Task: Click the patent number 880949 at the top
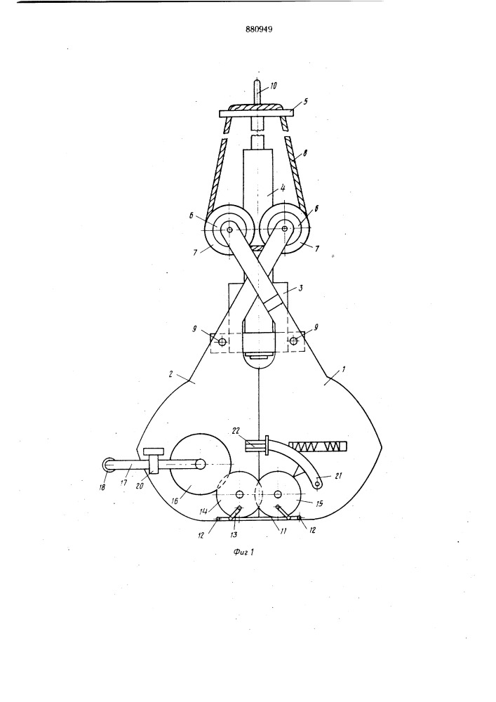pos(259,30)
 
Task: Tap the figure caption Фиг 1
pos(243,552)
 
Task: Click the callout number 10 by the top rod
pos(273,86)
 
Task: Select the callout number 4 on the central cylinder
pos(282,188)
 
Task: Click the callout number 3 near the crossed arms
pos(300,288)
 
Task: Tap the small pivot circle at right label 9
pos(293,341)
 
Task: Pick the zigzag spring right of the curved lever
pos(318,446)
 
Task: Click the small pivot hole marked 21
pos(317,483)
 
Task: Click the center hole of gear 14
pos(240,494)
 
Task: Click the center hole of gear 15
pos(278,494)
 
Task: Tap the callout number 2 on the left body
pos(171,374)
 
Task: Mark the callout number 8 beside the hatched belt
pos(304,154)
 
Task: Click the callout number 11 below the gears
pos(283,531)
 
